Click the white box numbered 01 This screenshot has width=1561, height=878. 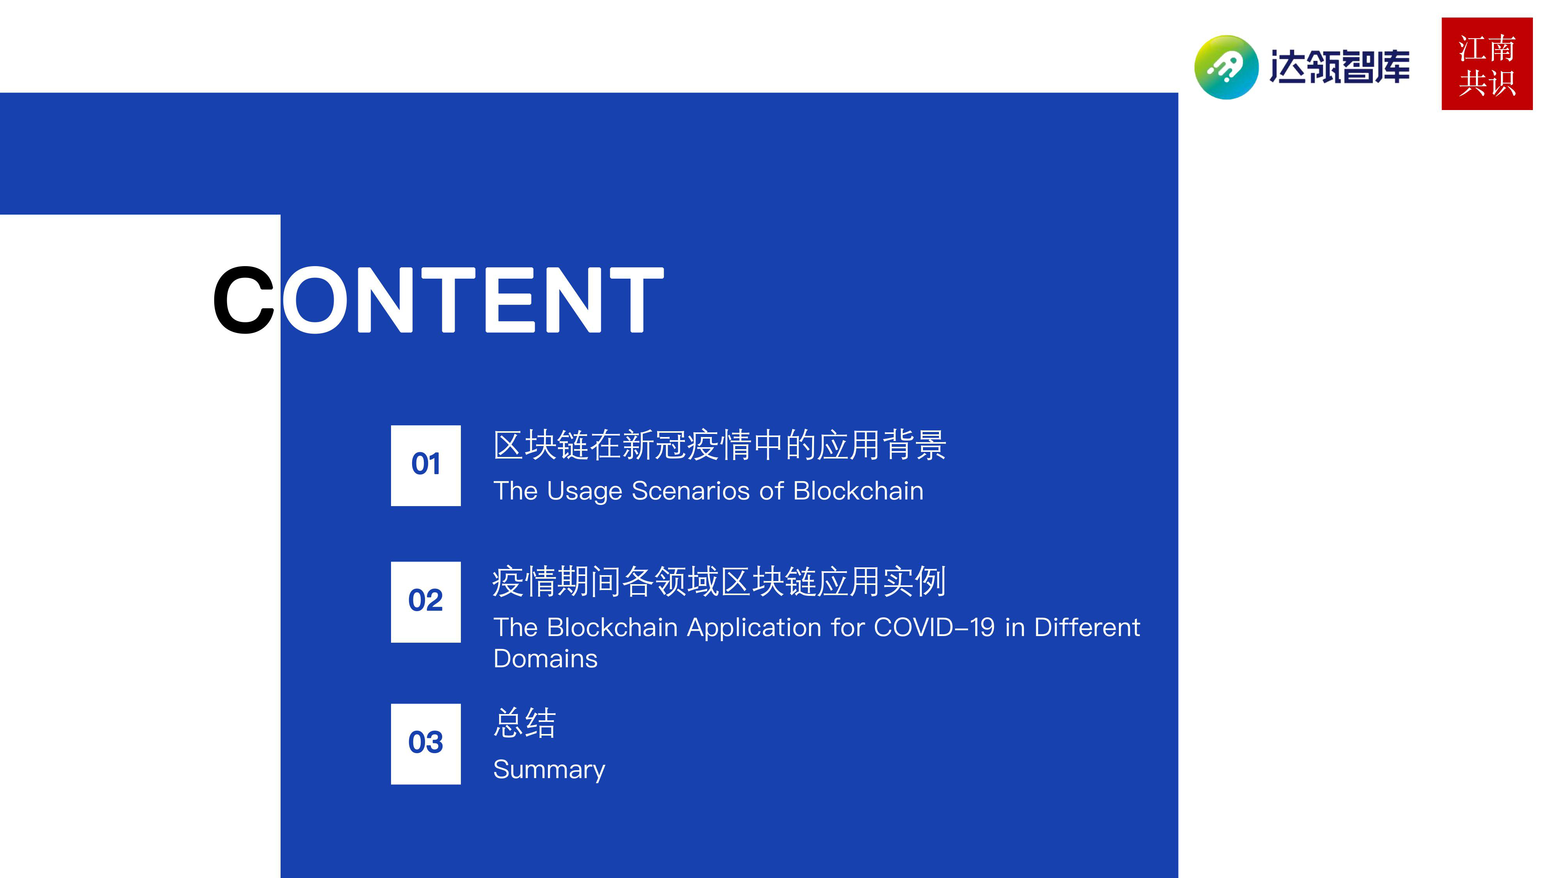(425, 466)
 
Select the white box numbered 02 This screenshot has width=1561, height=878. (425, 602)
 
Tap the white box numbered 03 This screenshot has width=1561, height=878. (425, 743)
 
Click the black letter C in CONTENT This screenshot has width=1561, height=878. (244, 300)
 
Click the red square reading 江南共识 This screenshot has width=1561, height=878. (1487, 64)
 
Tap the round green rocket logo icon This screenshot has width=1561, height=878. (1227, 67)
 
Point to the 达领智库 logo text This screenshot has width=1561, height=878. (1340, 67)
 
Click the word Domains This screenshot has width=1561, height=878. (546, 659)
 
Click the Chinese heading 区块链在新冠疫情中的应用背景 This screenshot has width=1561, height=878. (719, 445)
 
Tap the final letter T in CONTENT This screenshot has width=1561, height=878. (636, 300)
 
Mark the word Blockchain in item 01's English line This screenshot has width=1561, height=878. (858, 491)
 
